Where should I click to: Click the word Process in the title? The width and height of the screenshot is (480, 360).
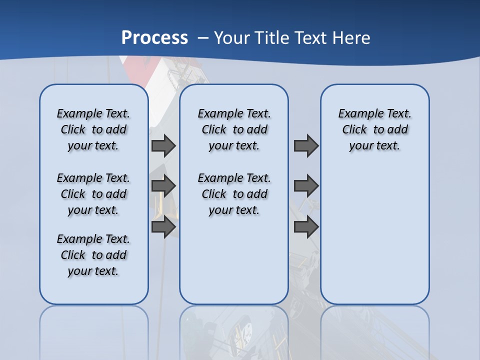[154, 37]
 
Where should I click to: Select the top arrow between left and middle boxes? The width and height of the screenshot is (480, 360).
[163, 145]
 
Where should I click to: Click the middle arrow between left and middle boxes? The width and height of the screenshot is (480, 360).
[163, 186]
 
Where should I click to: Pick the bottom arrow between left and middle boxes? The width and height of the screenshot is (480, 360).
[163, 226]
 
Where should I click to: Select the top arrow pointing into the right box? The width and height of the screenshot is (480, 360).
[306, 145]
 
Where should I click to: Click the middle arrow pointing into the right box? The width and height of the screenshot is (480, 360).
[306, 186]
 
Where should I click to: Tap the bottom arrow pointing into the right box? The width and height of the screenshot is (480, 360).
[306, 226]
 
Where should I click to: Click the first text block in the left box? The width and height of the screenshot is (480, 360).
[93, 129]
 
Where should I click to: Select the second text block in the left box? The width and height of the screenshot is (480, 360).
[93, 194]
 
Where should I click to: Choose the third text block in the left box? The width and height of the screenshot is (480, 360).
[93, 255]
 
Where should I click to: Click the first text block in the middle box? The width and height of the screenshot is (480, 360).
[234, 129]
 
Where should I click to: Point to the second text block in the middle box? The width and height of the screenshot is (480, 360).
[234, 194]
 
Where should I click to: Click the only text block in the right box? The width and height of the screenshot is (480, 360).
[374, 129]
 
